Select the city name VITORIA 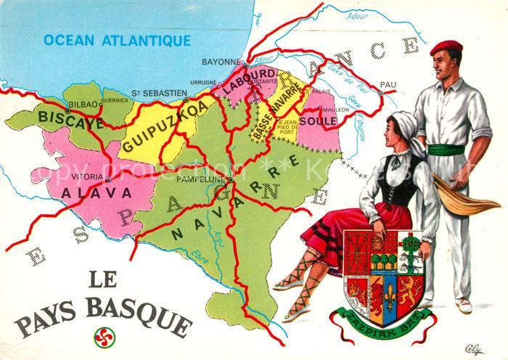tap(89, 176)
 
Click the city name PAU tap(389, 85)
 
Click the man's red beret tap(446, 48)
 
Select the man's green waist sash tap(446, 150)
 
